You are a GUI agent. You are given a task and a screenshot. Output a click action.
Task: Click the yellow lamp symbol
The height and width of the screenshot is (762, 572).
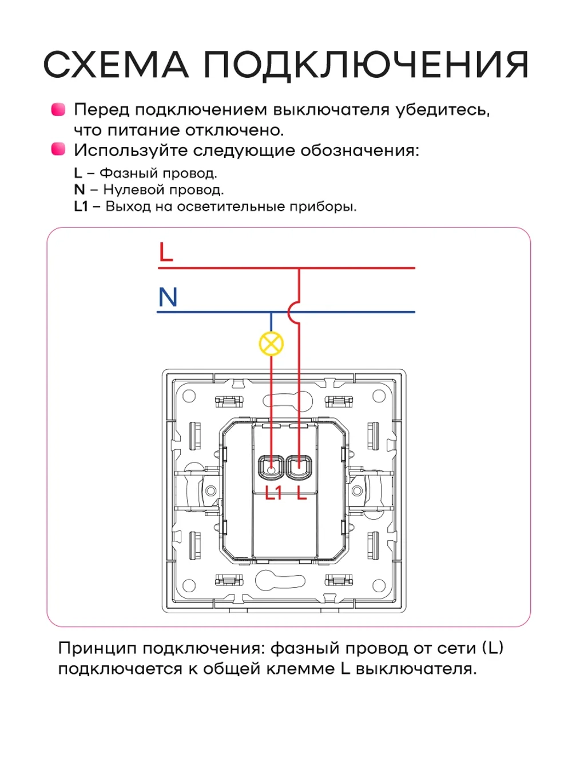(271, 344)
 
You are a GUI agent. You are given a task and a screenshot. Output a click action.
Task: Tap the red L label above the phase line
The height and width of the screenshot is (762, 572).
(166, 252)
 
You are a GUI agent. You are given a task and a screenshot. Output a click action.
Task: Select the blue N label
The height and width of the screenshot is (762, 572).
(168, 297)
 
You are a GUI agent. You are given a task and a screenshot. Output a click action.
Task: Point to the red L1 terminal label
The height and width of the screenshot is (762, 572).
(273, 493)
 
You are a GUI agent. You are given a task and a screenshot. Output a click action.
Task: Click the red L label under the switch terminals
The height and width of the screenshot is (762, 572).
(301, 493)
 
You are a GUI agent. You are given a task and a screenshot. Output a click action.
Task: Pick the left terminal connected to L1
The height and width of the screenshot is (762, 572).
(271, 468)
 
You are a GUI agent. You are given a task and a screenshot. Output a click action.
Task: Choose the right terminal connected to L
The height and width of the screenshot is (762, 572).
(299, 468)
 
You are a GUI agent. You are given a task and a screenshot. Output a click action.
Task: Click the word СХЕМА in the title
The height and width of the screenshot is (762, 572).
(116, 65)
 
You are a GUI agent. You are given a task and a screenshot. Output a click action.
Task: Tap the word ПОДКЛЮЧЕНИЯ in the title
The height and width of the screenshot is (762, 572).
(366, 65)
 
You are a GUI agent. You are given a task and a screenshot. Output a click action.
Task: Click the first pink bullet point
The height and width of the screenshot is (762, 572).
(58, 109)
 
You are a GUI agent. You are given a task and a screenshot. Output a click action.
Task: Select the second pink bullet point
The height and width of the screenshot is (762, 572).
(58, 150)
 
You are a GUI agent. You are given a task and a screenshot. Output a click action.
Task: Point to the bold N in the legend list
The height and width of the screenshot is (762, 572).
(79, 190)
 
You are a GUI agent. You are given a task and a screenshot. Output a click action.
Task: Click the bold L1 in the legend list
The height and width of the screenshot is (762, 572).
(81, 206)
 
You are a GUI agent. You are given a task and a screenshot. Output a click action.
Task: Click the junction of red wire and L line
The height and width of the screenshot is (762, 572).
(299, 268)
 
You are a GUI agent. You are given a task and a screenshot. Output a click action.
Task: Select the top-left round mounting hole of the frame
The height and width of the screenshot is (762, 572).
(189, 396)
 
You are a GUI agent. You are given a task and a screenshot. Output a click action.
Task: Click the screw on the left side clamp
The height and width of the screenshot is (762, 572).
(210, 490)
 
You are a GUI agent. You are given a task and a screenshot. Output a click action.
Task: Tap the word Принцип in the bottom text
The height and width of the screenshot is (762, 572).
(97, 648)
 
